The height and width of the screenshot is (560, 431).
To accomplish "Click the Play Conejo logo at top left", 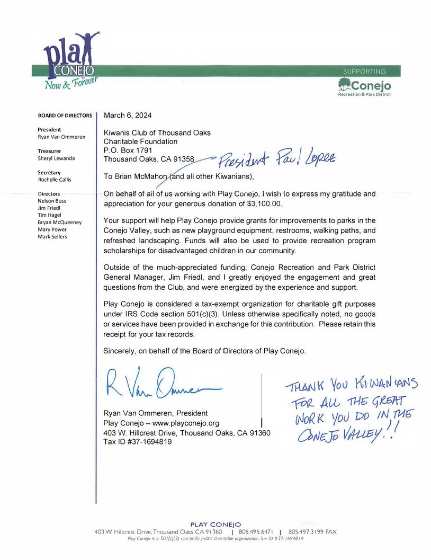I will [x=72, y=61].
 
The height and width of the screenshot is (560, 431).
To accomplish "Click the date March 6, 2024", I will [x=128, y=115].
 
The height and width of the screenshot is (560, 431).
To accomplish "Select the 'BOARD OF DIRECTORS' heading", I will [x=65, y=115].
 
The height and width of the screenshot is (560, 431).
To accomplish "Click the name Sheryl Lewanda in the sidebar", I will [x=56, y=158].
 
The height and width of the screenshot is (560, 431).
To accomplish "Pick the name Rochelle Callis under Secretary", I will [x=55, y=180].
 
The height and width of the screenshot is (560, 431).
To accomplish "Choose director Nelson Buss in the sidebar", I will [x=52, y=201].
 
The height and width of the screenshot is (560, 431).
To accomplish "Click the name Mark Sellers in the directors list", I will [x=52, y=237].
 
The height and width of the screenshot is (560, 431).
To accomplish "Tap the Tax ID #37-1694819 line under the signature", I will [x=137, y=442].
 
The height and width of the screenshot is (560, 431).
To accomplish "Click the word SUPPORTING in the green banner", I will [x=364, y=71].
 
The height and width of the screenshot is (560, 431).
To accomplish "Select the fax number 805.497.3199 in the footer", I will [x=306, y=531].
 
